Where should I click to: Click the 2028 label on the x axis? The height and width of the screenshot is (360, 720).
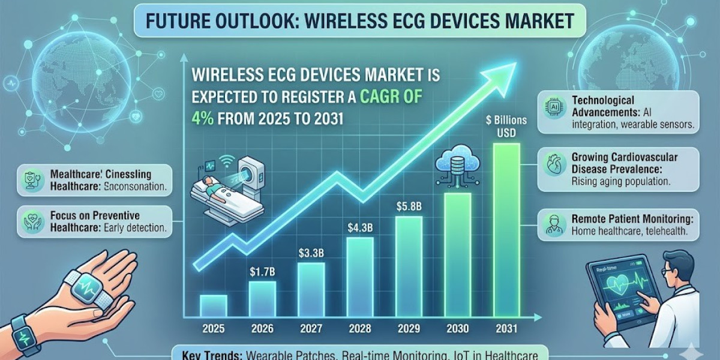pyautogui.click(x=360, y=329)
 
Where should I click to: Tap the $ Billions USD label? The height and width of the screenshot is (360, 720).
pyautogui.click(x=507, y=125)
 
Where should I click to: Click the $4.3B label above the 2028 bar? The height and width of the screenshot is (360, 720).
pyautogui.click(x=359, y=228)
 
